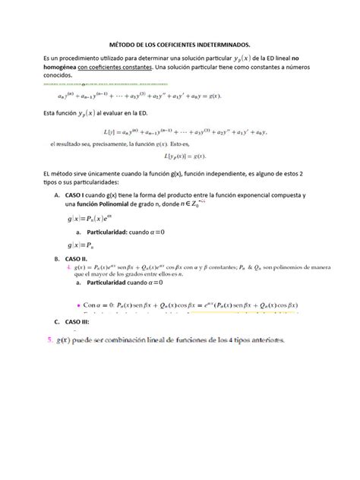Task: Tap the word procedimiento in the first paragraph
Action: pyautogui.click(x=94, y=58)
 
